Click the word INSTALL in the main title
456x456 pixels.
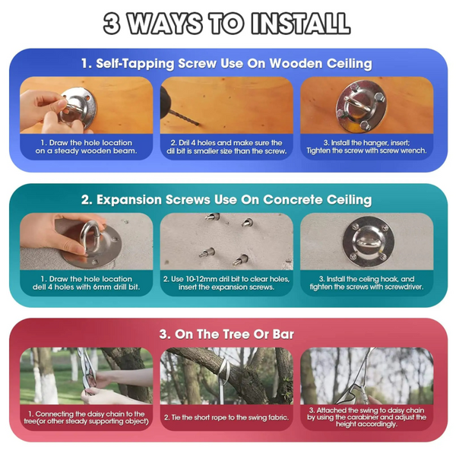(x=301, y=24)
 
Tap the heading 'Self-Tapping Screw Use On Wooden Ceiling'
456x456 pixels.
(x=226, y=64)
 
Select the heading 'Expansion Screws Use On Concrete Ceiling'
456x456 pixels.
(x=226, y=200)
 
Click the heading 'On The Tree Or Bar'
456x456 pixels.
(x=226, y=334)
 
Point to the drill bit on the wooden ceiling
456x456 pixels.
(x=184, y=118)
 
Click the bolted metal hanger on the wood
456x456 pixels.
(x=362, y=106)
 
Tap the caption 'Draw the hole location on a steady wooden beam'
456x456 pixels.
(x=86, y=147)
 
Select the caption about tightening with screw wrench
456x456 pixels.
(x=366, y=147)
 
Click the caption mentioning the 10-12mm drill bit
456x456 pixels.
(x=226, y=283)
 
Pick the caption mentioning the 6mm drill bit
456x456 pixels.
(x=86, y=283)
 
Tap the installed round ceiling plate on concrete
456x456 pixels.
(x=368, y=242)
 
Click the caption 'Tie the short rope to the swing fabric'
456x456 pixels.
(x=226, y=417)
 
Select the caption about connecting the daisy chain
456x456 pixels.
(x=86, y=417)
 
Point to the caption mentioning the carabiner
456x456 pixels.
(x=366, y=417)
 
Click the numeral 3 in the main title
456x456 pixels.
(x=112, y=24)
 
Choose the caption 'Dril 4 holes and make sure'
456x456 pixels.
(x=226, y=147)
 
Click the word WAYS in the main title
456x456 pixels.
(x=165, y=24)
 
